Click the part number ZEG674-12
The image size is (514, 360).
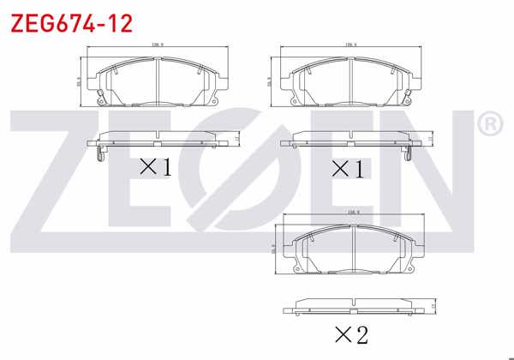71,23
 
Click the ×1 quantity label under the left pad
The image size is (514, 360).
155,166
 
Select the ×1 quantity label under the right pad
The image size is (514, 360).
348,169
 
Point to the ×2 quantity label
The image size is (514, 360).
350,335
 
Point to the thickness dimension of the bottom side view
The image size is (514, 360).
433,305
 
